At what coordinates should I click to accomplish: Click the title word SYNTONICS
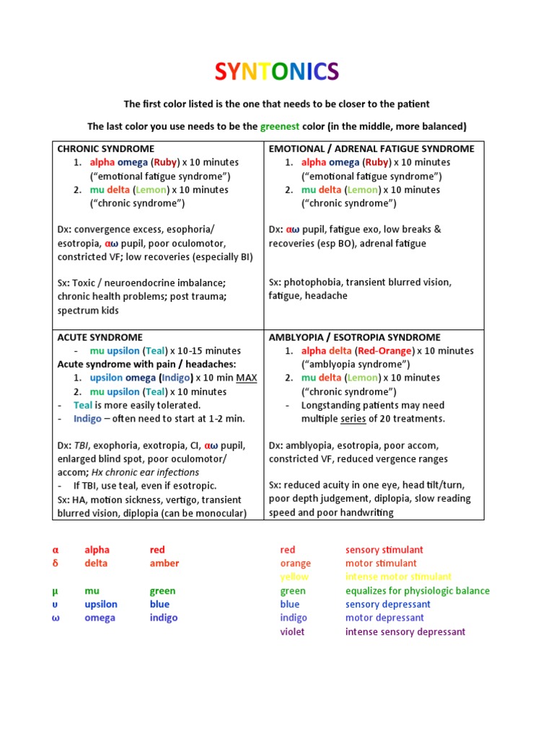pos(277,71)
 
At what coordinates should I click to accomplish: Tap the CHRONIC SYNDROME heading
pos(105,148)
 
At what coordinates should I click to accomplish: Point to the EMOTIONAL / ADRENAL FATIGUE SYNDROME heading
pos(371,148)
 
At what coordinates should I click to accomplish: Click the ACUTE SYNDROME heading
pos(100,337)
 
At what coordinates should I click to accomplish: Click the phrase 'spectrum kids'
pos(89,311)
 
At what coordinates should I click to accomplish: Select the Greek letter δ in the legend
pos(55,564)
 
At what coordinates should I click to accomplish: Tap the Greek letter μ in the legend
pos(55,591)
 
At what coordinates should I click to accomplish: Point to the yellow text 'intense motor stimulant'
pos(398,577)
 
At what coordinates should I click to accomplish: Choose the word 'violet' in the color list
pos(292,632)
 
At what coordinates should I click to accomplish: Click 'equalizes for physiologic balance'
pos(417,591)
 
